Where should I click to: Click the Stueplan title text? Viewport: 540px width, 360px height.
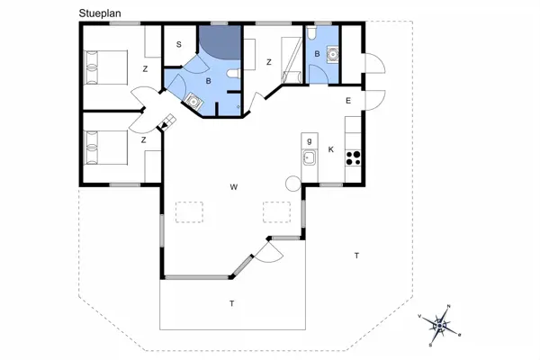(100, 13)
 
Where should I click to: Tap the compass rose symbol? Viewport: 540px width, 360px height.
(440, 325)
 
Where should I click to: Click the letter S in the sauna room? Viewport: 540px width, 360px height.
(179, 44)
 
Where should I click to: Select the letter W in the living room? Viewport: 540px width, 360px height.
(234, 187)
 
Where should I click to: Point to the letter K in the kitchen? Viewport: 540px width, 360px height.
(331, 149)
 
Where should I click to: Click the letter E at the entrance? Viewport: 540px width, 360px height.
(348, 101)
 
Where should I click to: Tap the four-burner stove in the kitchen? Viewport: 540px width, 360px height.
(353, 158)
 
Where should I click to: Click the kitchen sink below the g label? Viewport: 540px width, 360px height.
(310, 157)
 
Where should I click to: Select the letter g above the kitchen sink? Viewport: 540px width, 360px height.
(310, 140)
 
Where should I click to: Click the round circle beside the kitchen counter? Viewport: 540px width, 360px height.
(293, 184)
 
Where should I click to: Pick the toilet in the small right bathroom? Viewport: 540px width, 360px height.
(311, 32)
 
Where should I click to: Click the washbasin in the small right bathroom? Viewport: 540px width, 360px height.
(333, 54)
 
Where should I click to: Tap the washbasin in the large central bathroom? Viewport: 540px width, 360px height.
(194, 102)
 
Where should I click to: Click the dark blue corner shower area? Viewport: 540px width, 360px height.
(222, 40)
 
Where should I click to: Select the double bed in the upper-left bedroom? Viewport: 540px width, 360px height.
(106, 67)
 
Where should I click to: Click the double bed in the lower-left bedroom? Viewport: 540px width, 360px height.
(106, 148)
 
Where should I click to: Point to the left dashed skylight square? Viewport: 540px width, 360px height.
(189, 212)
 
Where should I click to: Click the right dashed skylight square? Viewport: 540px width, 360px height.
(277, 212)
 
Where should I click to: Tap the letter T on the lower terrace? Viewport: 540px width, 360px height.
(232, 303)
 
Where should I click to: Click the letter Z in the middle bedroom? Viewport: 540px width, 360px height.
(269, 62)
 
